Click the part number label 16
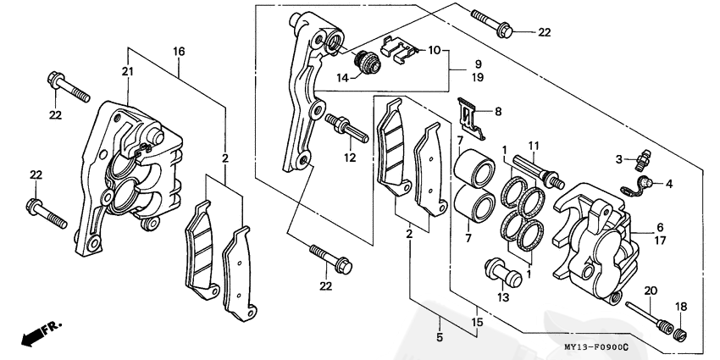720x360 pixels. click(179, 52)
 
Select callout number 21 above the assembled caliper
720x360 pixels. click(128, 73)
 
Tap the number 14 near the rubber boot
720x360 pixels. click(342, 78)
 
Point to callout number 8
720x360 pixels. click(498, 111)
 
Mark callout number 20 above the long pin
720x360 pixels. click(651, 290)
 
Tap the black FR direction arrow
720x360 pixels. click(38, 333)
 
